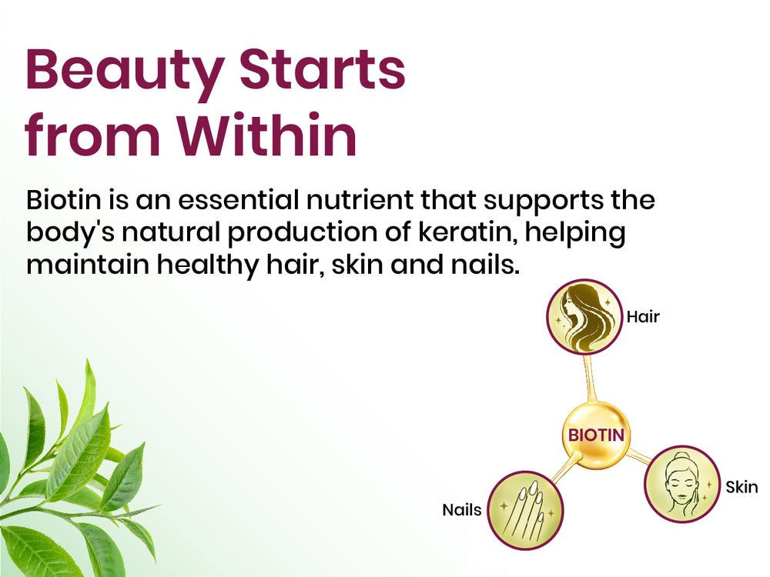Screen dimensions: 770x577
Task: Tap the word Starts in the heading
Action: coord(323,68)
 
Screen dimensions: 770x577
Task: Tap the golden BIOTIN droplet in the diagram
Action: coord(596,435)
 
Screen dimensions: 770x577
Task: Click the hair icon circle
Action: coord(584,317)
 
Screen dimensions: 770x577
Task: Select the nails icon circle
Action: coord(525,510)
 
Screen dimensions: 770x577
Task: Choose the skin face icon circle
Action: coord(682,484)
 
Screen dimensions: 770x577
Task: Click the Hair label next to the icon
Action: coord(643,316)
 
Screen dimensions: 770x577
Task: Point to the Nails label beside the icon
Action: coord(461,510)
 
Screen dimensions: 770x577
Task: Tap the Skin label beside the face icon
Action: coord(742,487)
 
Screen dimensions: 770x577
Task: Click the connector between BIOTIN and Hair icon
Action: coord(589,379)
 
